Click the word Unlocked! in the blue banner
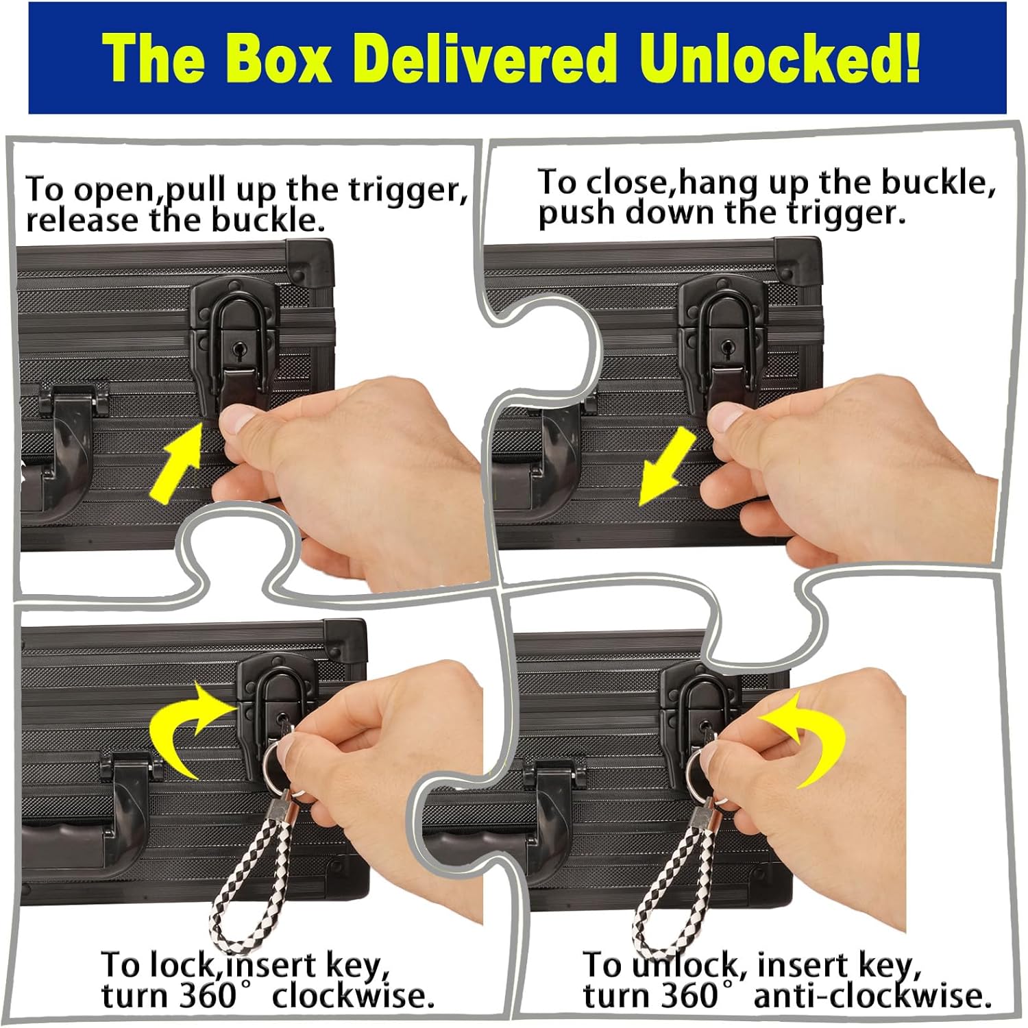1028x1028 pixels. click(x=781, y=60)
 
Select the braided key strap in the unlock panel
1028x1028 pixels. click(x=662, y=884)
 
